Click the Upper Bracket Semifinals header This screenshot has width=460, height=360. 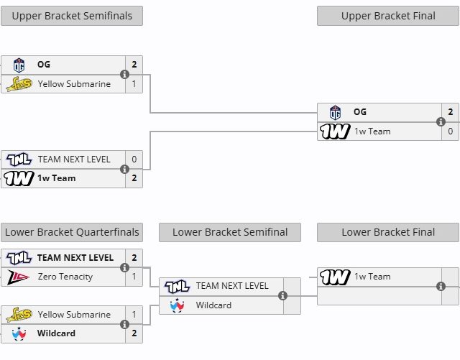coord(72,16)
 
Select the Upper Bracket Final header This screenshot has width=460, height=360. coord(388,16)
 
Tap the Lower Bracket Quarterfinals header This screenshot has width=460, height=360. coord(72,232)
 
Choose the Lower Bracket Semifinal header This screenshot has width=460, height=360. coord(230,232)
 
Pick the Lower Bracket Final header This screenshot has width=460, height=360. coord(388,232)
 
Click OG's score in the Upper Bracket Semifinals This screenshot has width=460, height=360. coord(134,65)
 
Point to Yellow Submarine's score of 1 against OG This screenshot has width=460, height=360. coord(134,83)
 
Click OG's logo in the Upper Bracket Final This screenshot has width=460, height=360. coord(335,112)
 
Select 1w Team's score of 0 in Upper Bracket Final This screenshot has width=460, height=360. coord(451,131)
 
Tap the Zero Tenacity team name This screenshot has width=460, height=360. coord(65,276)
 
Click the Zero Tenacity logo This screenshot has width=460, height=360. coord(18,276)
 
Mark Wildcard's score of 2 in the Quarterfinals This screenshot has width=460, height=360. coord(134,333)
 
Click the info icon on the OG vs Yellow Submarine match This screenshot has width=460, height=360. coord(124,74)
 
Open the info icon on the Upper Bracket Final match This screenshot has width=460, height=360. coord(441,121)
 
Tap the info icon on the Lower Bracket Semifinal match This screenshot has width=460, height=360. coord(282,295)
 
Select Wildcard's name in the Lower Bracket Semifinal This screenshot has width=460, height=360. coord(214,305)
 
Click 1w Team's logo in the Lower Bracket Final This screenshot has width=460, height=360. coord(335,277)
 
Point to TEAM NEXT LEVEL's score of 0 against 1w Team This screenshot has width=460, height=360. coord(134,159)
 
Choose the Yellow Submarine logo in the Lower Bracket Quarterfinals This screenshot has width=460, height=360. coord(18,314)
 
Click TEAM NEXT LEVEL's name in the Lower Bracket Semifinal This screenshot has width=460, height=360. coord(232,285)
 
